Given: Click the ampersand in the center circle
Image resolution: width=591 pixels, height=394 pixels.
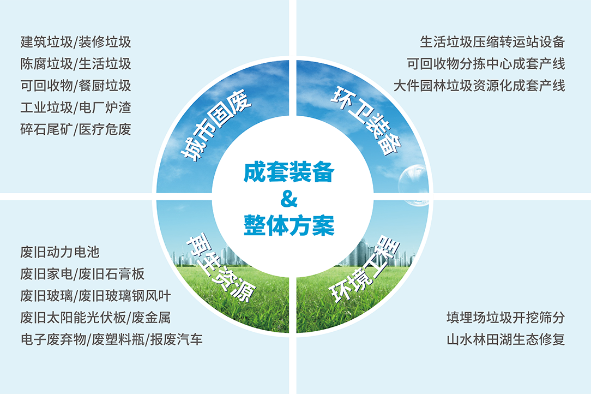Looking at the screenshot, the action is point(289,199).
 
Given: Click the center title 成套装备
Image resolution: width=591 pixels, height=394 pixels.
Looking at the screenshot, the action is point(289,172).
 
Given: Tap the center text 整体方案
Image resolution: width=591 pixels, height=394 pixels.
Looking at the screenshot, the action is point(289,225).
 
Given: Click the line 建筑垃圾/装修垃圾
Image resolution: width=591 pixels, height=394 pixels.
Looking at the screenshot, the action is point(76,42).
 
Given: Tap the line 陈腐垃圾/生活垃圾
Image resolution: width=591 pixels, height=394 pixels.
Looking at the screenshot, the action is point(76,64).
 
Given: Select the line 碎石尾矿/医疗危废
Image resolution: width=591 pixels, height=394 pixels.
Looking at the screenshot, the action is point(76,129).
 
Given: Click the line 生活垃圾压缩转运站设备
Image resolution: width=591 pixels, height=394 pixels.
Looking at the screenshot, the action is point(492,42).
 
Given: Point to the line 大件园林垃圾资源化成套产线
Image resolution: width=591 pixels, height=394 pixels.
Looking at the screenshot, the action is point(479,86).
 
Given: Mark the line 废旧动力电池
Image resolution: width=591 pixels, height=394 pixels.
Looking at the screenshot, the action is point(60,252).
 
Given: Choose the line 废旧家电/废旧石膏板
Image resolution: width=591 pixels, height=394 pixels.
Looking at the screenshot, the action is point(82,274).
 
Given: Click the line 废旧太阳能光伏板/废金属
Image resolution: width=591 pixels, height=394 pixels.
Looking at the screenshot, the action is point(95,318).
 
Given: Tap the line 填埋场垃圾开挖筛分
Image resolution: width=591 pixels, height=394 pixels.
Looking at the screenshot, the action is point(505,318).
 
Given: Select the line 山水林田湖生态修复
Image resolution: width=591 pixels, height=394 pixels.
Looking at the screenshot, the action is point(505,339).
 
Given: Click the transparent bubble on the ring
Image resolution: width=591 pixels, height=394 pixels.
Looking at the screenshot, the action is point(413,186).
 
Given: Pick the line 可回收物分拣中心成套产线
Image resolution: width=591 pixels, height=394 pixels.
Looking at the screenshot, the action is point(486,64).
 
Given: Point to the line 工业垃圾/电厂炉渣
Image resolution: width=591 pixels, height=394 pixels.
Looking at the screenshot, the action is point(76,108).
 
